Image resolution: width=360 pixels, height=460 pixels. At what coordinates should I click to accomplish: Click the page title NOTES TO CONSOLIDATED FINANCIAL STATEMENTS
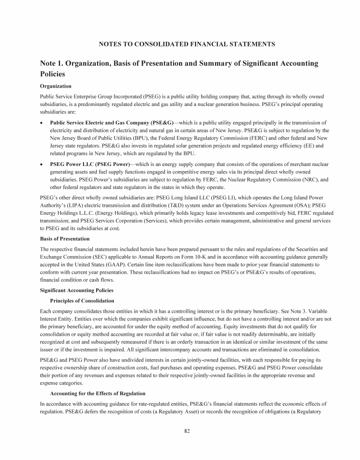pyautogui.click(x=187, y=44)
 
